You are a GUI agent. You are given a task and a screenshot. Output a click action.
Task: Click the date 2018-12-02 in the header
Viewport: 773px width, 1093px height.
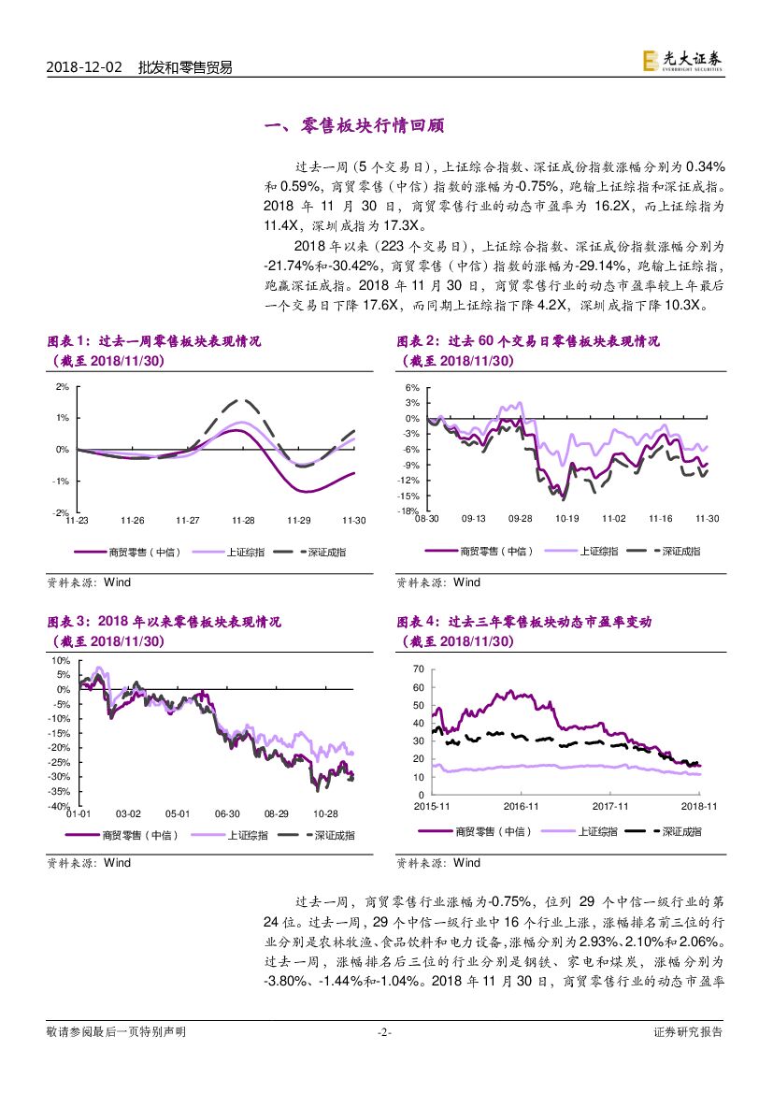coord(83,67)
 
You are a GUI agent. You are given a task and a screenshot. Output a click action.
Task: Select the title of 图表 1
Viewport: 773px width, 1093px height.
coord(154,342)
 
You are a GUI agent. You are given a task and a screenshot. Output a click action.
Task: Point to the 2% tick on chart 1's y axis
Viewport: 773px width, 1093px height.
coord(63,386)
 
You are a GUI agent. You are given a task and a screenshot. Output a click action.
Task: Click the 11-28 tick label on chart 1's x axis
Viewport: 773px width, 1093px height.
coord(244,520)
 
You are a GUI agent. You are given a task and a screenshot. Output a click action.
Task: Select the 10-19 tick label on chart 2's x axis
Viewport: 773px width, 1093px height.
coord(567,519)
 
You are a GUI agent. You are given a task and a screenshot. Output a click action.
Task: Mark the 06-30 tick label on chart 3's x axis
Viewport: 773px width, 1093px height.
coord(227,814)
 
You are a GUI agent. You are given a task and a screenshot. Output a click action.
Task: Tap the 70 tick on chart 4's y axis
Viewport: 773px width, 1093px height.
coord(418,669)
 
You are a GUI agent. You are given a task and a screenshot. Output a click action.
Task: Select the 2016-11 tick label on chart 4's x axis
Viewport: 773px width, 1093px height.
coord(522,805)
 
